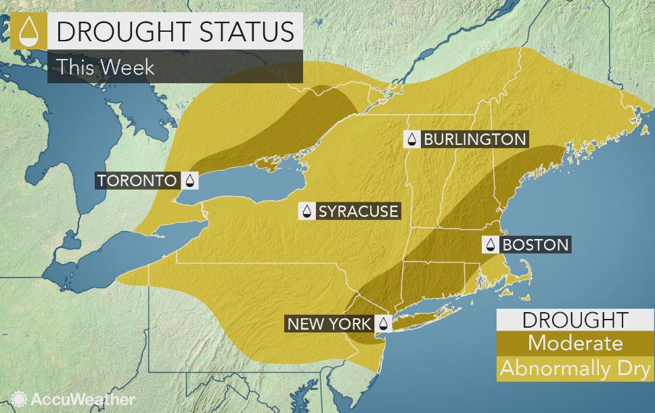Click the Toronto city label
[x=138, y=181]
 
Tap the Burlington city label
[x=474, y=139]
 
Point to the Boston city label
[x=535, y=244]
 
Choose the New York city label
[x=329, y=323]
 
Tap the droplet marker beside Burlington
[x=411, y=139]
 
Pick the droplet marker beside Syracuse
[x=308, y=211]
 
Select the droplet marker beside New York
[x=382, y=323]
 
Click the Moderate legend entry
[x=574, y=343]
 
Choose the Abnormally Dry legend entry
[x=574, y=369]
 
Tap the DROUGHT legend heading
[x=574, y=320]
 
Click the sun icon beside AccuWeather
[x=18, y=399]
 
